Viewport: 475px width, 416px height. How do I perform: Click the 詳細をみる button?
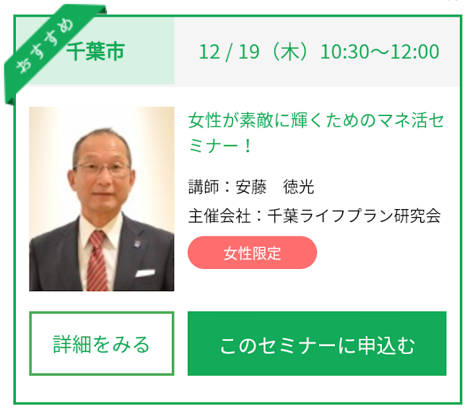click(102, 344)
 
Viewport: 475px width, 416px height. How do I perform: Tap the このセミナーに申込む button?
click(317, 344)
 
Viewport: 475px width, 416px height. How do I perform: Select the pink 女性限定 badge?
click(253, 252)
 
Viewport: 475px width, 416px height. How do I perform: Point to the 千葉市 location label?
click(95, 51)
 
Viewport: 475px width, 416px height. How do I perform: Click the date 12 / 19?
click(230, 52)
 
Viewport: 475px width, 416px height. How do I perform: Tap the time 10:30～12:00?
click(380, 52)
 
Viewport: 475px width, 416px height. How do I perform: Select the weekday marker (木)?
click(290, 52)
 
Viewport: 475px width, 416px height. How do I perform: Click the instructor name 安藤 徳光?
click(275, 187)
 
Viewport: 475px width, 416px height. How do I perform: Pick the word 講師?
click(204, 187)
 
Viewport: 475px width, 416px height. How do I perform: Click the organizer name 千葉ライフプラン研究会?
click(354, 216)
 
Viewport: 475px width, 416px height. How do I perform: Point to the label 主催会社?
click(219, 216)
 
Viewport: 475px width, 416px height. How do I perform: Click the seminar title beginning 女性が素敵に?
click(316, 133)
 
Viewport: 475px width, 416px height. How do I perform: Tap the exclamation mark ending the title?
click(248, 146)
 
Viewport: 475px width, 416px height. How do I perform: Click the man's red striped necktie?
click(97, 261)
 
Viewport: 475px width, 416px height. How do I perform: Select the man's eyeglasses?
click(103, 169)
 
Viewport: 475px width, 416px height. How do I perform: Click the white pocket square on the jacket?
click(145, 273)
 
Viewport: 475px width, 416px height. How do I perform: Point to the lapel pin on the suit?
click(138, 244)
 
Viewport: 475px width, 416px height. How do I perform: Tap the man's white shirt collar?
click(100, 229)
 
